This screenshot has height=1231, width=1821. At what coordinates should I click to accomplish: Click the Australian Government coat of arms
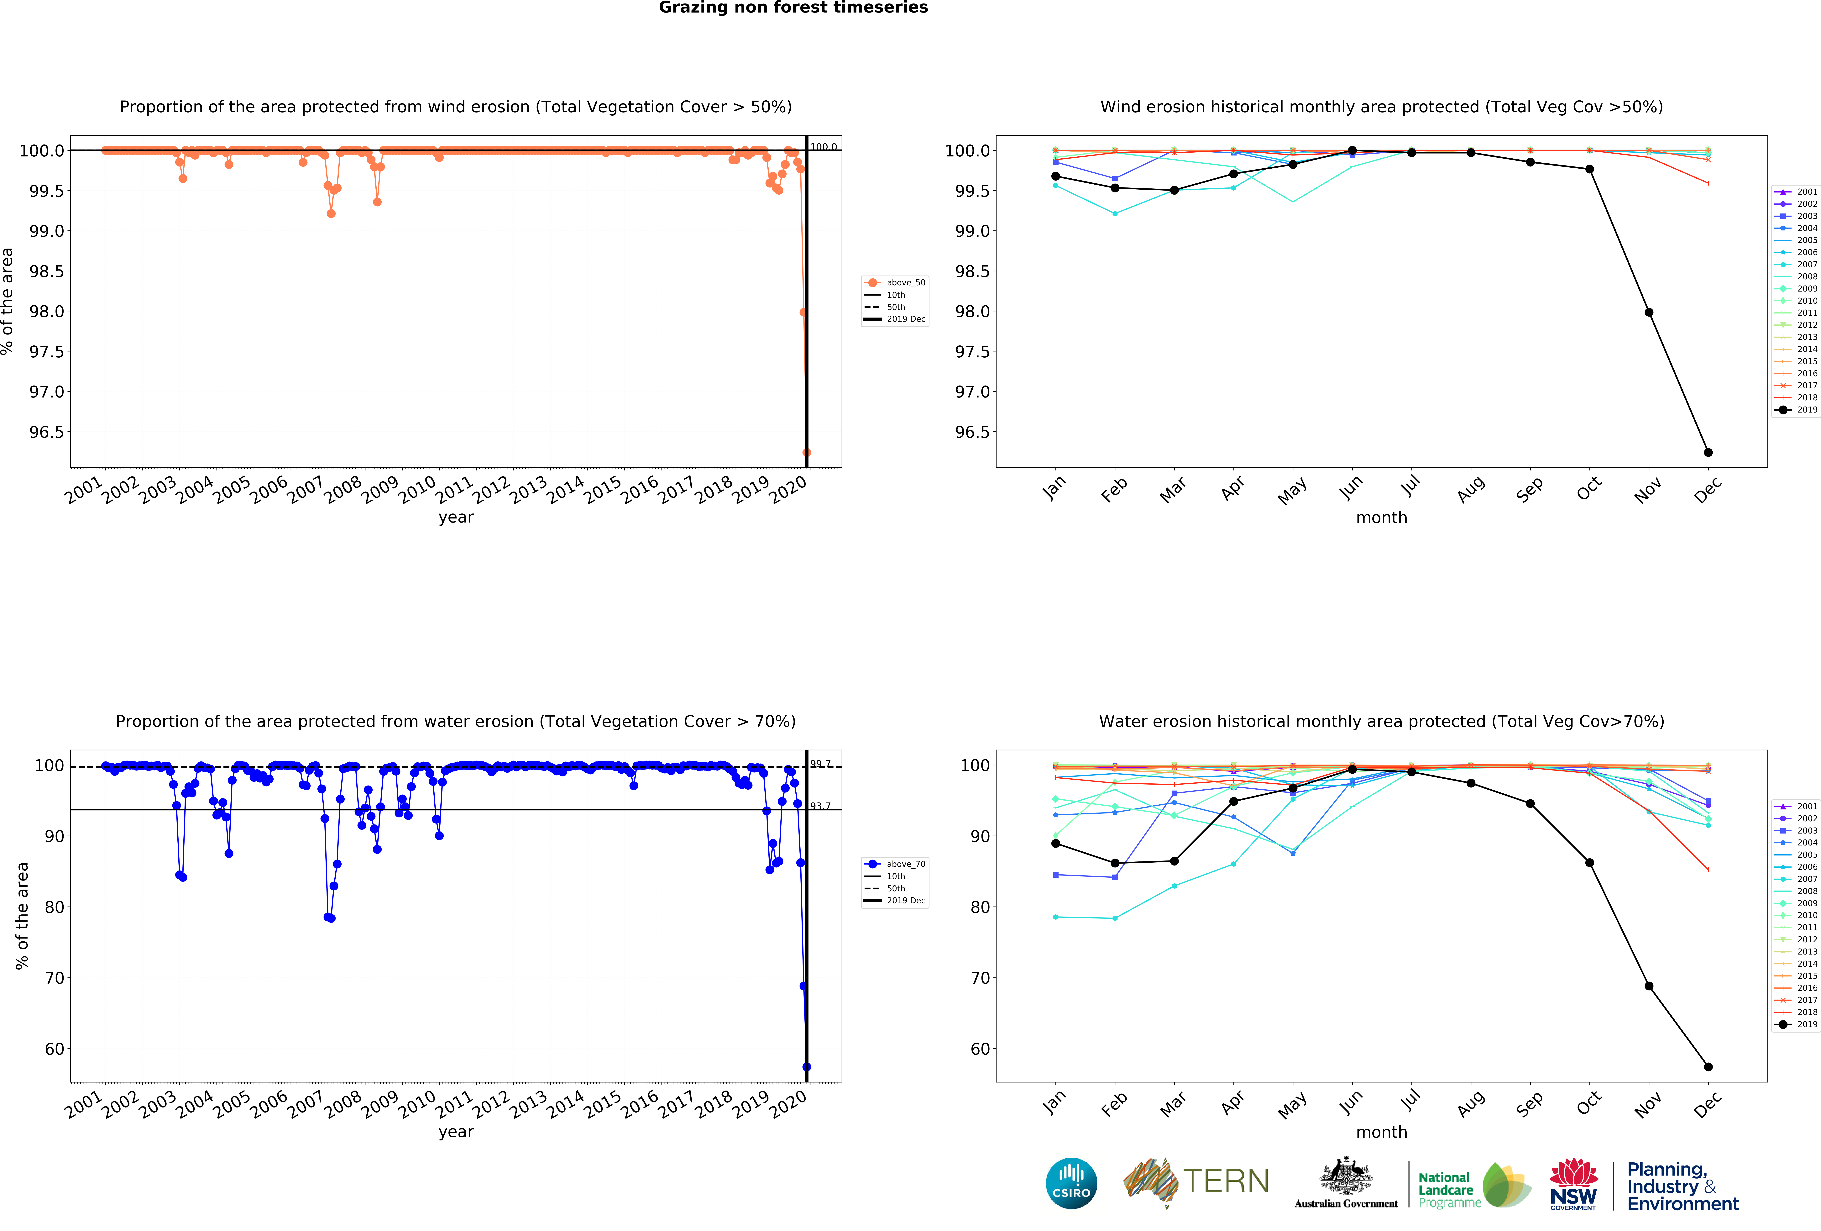[1345, 1175]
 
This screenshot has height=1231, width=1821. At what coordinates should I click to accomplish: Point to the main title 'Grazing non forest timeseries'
[793, 8]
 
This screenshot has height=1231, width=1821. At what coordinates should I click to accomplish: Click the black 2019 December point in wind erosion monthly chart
[1708, 452]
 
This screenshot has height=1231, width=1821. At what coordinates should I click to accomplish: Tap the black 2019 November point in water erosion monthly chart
[1649, 986]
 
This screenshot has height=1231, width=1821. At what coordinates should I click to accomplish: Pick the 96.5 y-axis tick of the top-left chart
[47, 432]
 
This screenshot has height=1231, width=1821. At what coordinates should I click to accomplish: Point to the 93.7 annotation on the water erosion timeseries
[820, 806]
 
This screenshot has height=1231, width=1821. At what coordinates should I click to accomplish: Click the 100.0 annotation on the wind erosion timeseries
[823, 146]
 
